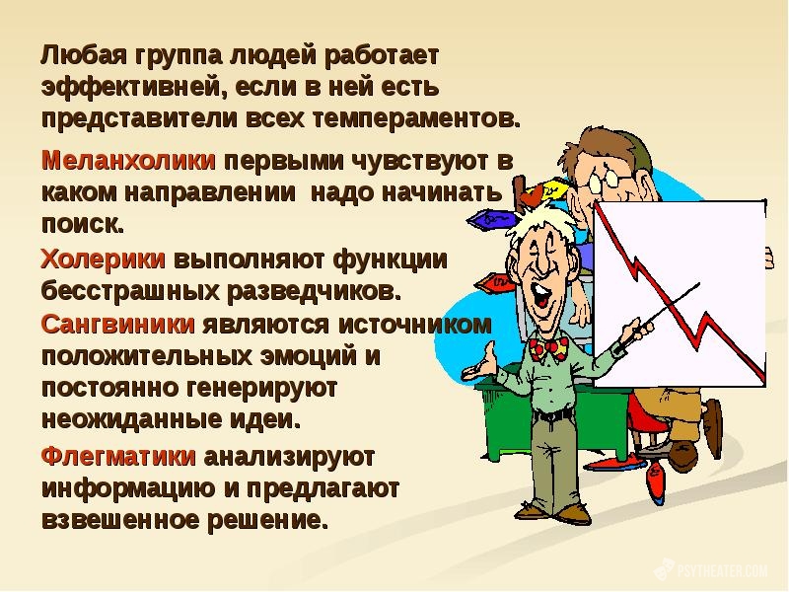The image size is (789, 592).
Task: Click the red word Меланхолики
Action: tap(128, 161)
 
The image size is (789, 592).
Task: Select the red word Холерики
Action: tap(104, 259)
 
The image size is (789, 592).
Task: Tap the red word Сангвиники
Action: tap(117, 325)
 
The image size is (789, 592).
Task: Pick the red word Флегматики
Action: tap(118, 457)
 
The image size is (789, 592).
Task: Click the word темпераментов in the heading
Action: tap(416, 119)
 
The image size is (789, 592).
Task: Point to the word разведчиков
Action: tap(314, 291)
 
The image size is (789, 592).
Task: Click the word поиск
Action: tap(83, 224)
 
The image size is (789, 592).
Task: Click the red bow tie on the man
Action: tap(548, 349)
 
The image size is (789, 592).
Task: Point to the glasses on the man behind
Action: tap(603, 181)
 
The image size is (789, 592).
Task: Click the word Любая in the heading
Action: tap(84, 55)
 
